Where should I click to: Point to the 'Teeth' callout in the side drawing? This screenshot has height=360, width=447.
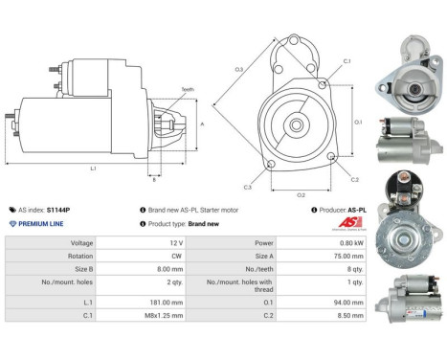click(188, 90)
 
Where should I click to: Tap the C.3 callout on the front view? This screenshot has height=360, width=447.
click(247, 187)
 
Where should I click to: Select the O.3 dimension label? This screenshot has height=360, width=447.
click(237, 69)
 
